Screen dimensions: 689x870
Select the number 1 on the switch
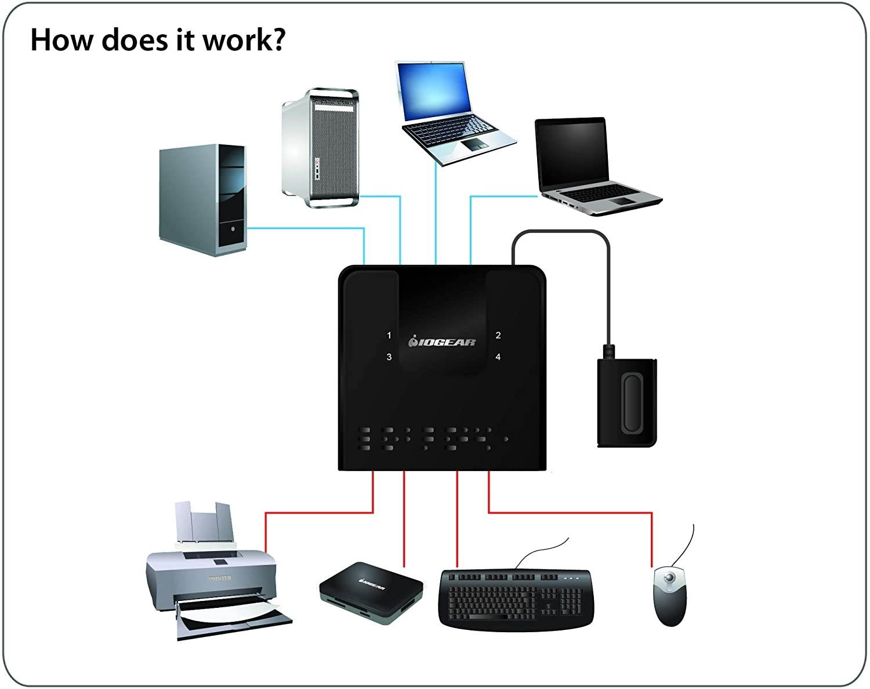[389, 336]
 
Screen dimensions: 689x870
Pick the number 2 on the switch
[498, 336]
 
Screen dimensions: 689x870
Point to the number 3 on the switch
[389, 357]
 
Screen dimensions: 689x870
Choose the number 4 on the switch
[498, 357]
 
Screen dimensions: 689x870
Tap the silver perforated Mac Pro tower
[320, 148]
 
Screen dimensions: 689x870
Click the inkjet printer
[215, 579]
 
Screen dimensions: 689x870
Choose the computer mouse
[670, 594]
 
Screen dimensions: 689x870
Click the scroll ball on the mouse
[670, 577]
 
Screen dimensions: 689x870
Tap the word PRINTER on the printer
[220, 578]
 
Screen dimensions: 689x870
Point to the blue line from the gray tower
[307, 228]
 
